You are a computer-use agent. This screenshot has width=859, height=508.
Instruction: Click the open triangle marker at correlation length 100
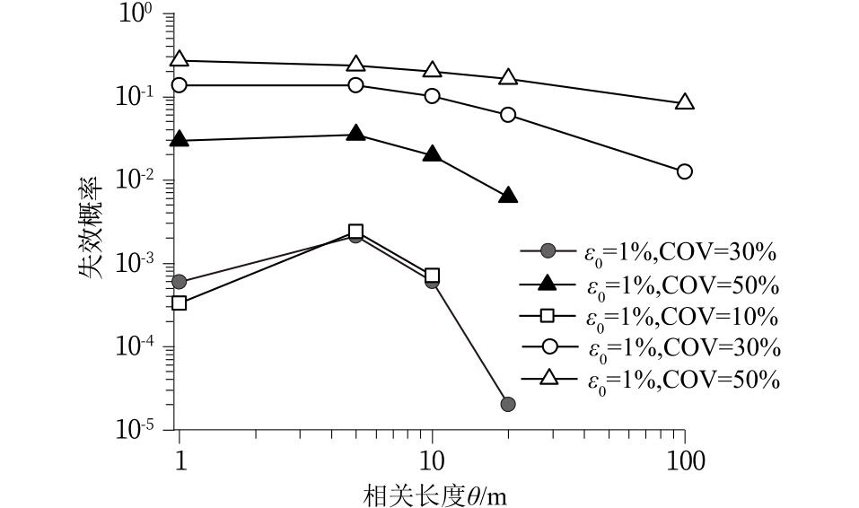(x=685, y=102)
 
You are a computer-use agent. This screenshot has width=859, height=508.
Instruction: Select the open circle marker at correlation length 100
(x=685, y=171)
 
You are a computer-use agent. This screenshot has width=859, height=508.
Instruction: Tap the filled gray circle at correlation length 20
(x=508, y=404)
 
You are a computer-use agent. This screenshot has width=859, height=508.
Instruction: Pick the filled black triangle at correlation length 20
(x=508, y=196)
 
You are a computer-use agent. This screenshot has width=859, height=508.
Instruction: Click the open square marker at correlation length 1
(x=180, y=303)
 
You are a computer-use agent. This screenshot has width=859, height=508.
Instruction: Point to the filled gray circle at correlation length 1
(x=180, y=282)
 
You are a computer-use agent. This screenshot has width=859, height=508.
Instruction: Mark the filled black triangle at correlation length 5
(x=356, y=134)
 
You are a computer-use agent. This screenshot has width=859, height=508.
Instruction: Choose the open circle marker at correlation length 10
(x=433, y=95)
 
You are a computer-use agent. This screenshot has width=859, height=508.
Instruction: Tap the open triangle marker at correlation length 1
(x=180, y=59)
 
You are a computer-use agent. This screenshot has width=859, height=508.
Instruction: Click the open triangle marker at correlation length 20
(x=508, y=77)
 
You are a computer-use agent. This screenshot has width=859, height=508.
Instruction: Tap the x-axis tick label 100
(x=686, y=461)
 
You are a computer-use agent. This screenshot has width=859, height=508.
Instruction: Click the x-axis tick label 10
(x=433, y=461)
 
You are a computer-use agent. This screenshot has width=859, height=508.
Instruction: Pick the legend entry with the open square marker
(x=650, y=316)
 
